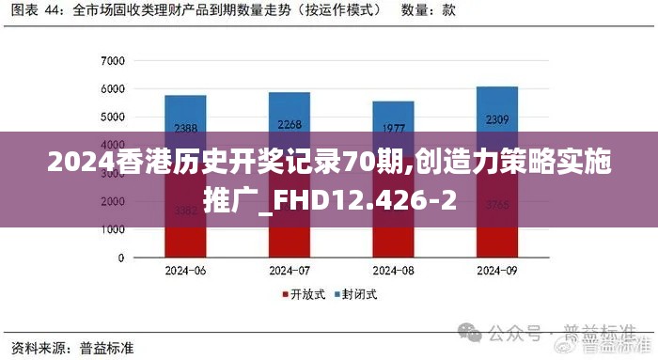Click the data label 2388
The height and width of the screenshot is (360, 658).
tap(185, 128)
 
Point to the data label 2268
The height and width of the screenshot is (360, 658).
tap(290, 124)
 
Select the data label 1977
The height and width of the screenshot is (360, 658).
tap(394, 128)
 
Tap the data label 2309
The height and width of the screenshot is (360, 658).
tap(497, 119)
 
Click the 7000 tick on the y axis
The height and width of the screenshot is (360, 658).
tap(113, 61)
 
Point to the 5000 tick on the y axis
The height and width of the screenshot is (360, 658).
tap(113, 117)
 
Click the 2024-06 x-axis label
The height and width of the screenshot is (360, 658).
tap(185, 271)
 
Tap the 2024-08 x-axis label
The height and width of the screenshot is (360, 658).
tap(394, 271)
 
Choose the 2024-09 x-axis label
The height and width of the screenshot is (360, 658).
tap(497, 271)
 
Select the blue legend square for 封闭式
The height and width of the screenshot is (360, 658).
tap(336, 294)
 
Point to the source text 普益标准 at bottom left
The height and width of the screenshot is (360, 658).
tap(107, 347)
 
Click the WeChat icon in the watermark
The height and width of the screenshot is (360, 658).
tap(469, 334)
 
